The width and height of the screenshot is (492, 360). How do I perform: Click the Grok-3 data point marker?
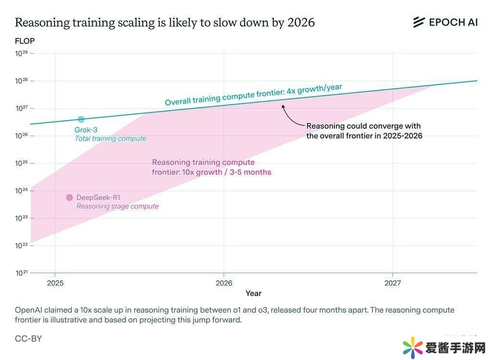pos(81,119)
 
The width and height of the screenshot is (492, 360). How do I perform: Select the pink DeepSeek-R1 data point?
pos(69,198)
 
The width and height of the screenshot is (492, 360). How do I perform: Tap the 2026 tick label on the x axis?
pos(223,283)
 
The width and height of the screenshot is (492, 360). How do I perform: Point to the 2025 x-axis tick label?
pos(55,283)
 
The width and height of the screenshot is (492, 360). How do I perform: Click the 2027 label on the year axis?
pos(393,283)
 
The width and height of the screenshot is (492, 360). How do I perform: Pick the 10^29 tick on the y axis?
pos(22,53)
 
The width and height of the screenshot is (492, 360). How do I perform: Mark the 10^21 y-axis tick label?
pos(22,273)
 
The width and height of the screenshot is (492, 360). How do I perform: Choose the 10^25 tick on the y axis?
pos(22,163)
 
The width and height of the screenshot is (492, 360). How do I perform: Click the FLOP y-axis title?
pos(25,41)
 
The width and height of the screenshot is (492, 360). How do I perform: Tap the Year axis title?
pos(253,293)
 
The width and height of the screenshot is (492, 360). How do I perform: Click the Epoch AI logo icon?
pos(419,22)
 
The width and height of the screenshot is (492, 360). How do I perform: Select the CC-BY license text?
pos(28,338)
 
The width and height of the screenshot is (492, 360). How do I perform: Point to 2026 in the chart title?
pos(301,23)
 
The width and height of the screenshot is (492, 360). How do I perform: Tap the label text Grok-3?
pos(86,130)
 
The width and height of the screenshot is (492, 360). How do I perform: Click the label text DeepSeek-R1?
pos(98,198)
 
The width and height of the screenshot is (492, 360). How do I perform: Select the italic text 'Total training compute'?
pos(110,138)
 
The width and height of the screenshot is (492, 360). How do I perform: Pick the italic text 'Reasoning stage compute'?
pos(117,206)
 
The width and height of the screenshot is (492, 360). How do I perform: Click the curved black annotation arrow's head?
pos(283,105)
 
